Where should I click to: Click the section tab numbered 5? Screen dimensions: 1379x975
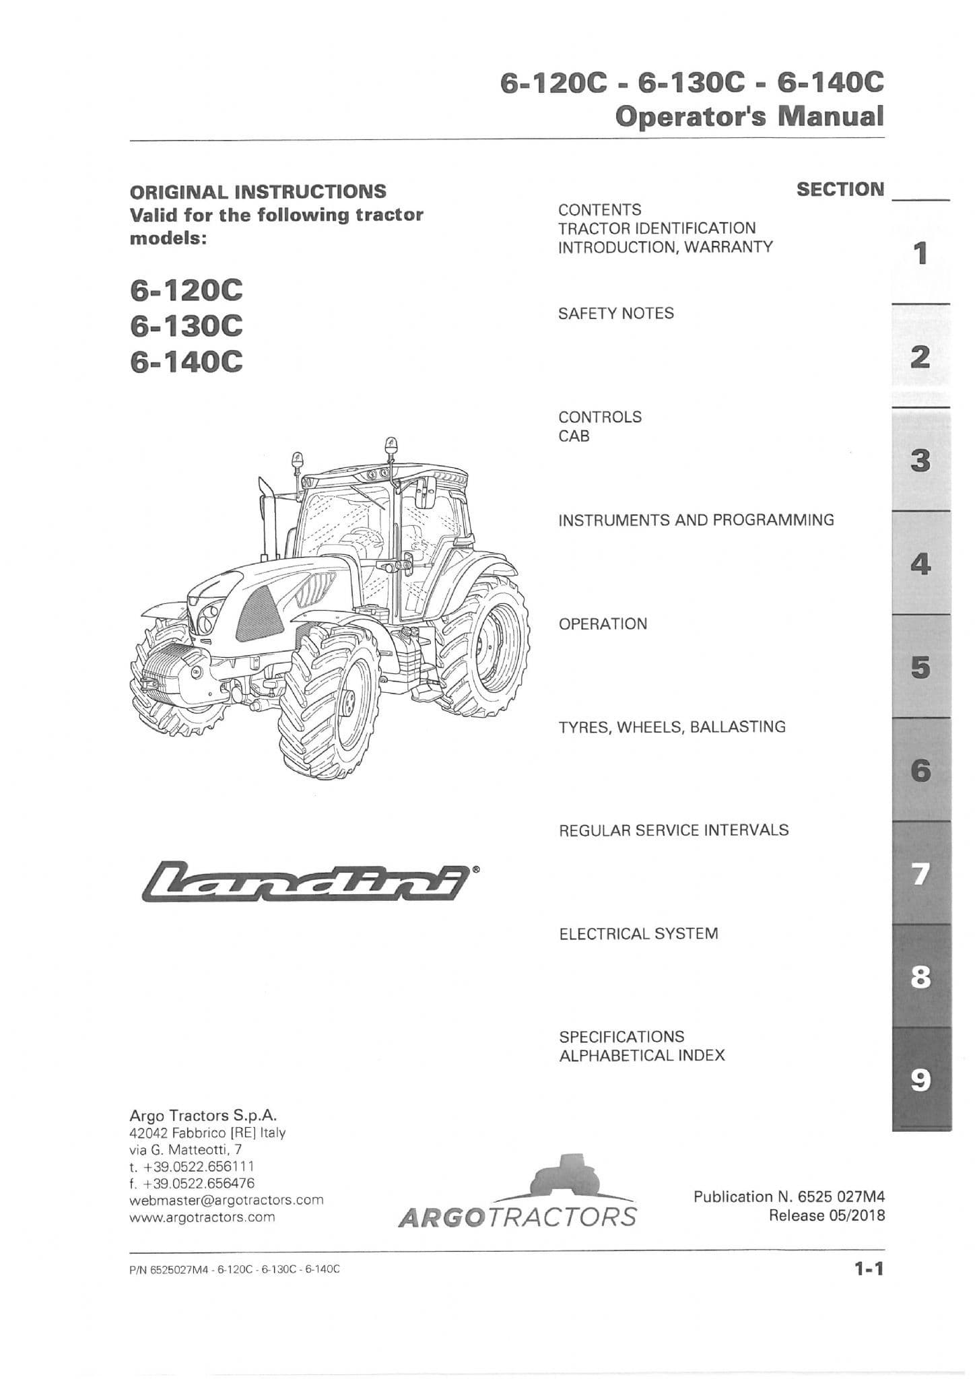pos(920,667)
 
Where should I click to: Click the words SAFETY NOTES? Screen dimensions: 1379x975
pos(615,313)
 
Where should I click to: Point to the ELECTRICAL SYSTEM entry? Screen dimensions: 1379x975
pos(638,933)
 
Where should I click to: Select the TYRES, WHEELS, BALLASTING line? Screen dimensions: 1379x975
pos(672,727)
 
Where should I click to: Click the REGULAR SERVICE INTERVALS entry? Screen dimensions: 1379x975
pos(673,830)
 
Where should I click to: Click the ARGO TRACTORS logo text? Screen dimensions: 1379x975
pos(516,1217)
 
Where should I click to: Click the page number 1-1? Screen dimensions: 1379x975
pos(868,1269)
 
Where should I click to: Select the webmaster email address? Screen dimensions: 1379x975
pos(226,1200)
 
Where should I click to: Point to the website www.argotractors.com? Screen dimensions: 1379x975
pos(202,1217)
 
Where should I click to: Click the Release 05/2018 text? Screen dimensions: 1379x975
pos(826,1215)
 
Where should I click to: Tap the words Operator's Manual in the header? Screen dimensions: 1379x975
pos(749,116)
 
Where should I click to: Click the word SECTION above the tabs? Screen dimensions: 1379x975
pos(840,190)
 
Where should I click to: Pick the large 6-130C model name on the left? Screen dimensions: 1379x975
pos(186,327)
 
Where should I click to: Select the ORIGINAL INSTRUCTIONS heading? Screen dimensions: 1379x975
pos(258,191)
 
